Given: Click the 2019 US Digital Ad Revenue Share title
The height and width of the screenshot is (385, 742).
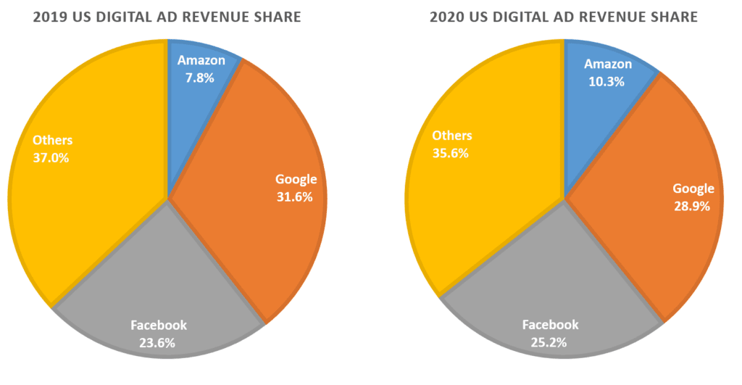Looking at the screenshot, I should (x=167, y=17).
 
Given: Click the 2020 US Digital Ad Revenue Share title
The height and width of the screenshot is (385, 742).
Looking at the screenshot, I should (x=564, y=17).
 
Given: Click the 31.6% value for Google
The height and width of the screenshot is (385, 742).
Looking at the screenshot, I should (x=294, y=196).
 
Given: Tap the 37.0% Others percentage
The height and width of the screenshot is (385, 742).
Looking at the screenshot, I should (x=51, y=157).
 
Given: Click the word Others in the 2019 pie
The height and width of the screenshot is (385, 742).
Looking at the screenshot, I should (x=53, y=140).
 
